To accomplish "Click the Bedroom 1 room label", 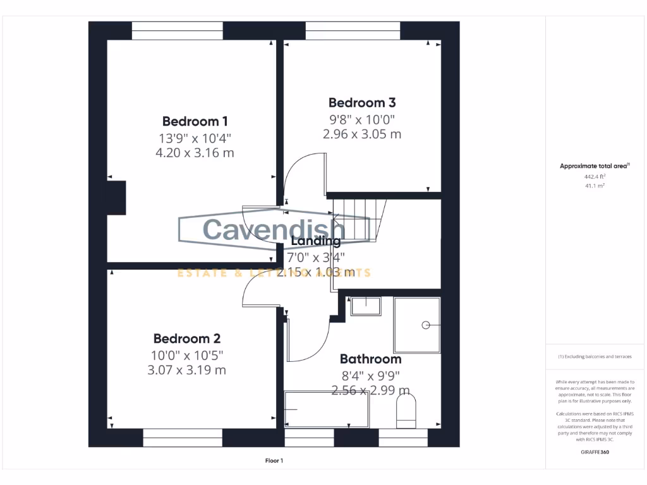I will [195, 121].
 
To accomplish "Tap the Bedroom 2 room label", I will [186, 338].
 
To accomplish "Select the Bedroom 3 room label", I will [362, 102].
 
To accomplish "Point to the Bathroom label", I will [370, 359].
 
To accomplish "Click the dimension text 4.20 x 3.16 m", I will [195, 152].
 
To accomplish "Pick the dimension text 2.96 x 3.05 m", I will [362, 134].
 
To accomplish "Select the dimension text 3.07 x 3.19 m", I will [186, 370].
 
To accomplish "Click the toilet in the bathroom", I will [406, 409].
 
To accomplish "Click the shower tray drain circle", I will [426, 325].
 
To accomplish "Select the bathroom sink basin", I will [366, 306].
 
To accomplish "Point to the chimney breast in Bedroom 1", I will [116, 198].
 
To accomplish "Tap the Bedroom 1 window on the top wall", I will [178, 30].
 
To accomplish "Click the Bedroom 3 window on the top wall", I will [353, 30].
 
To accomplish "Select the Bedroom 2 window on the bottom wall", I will [183, 438].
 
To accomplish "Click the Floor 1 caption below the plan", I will [274, 461].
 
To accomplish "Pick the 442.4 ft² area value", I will [595, 177].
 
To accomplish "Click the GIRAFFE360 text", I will [595, 452].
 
